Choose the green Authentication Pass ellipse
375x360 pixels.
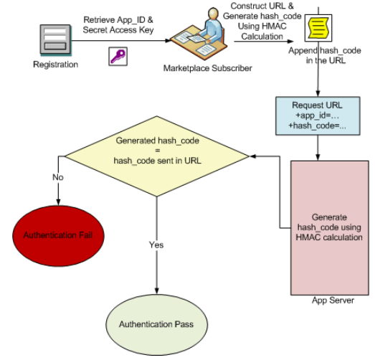(157, 323)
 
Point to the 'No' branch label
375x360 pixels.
(57, 176)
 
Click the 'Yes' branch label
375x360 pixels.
(156, 245)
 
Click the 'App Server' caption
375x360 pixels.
(331, 300)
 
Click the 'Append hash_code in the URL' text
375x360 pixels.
(323, 57)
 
